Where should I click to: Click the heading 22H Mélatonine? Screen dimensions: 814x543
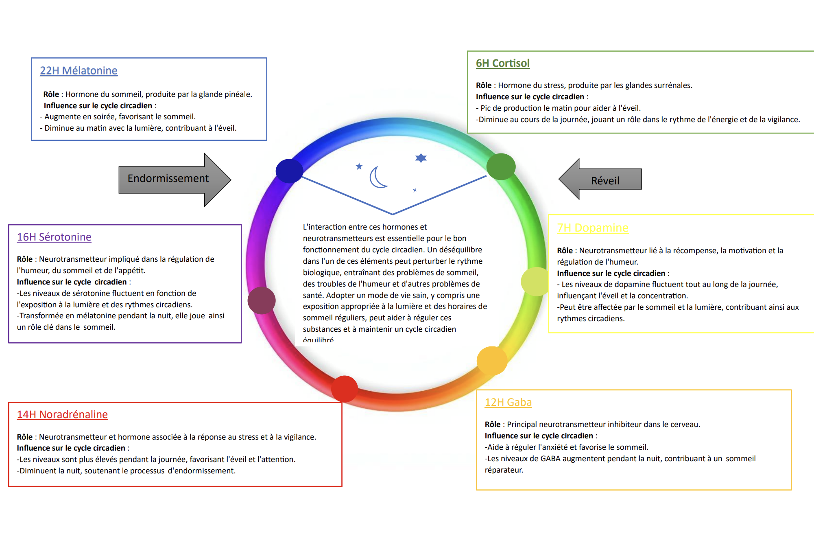79,70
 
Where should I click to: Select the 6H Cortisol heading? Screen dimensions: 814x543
503,63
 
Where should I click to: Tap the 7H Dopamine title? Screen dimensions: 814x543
593,228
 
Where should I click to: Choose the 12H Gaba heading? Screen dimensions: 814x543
508,402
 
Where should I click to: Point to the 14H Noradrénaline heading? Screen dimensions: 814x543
62,414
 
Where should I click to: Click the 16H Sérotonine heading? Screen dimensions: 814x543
54,237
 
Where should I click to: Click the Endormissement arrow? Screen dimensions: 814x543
175,180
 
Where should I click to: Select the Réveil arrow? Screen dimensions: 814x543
600,179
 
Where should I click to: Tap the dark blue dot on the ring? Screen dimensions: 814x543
289,171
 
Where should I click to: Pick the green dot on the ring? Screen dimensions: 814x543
501,166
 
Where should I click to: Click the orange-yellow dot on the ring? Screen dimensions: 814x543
492,361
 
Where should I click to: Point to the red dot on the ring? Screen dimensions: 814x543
345,389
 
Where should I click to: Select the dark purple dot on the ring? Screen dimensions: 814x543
262,300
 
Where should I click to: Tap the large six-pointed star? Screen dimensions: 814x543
421,158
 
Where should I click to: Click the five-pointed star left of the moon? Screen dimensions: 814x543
359,166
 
